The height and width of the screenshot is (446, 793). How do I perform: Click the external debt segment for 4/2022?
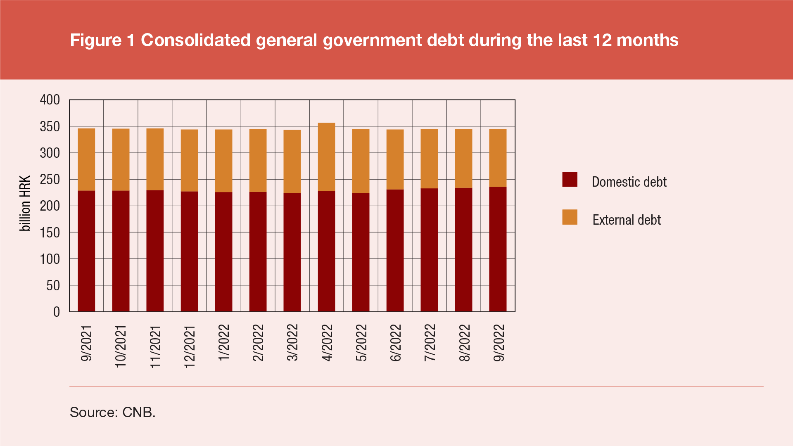[326, 157]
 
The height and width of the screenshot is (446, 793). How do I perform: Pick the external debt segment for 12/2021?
[189, 160]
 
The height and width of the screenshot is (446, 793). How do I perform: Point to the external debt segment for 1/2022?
[223, 161]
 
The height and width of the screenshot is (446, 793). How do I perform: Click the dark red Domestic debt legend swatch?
[570, 180]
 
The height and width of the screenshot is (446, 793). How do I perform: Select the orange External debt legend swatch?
[570, 217]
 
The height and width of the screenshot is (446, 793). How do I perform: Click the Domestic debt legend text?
[629, 182]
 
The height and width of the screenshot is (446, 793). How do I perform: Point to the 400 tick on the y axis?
[50, 100]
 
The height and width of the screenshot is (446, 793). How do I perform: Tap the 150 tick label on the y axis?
[50, 232]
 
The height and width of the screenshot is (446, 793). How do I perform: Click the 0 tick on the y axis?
[57, 312]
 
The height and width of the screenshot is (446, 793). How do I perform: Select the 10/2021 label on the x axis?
[121, 346]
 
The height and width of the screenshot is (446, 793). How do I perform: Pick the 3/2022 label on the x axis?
[292, 342]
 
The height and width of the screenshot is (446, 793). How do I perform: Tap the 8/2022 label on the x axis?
[464, 342]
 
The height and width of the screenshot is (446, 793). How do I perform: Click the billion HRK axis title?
[25, 203]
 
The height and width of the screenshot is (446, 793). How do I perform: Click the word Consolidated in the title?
[196, 40]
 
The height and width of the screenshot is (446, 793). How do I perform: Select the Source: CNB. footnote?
[112, 412]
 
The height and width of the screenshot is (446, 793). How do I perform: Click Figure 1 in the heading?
[102, 40]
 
